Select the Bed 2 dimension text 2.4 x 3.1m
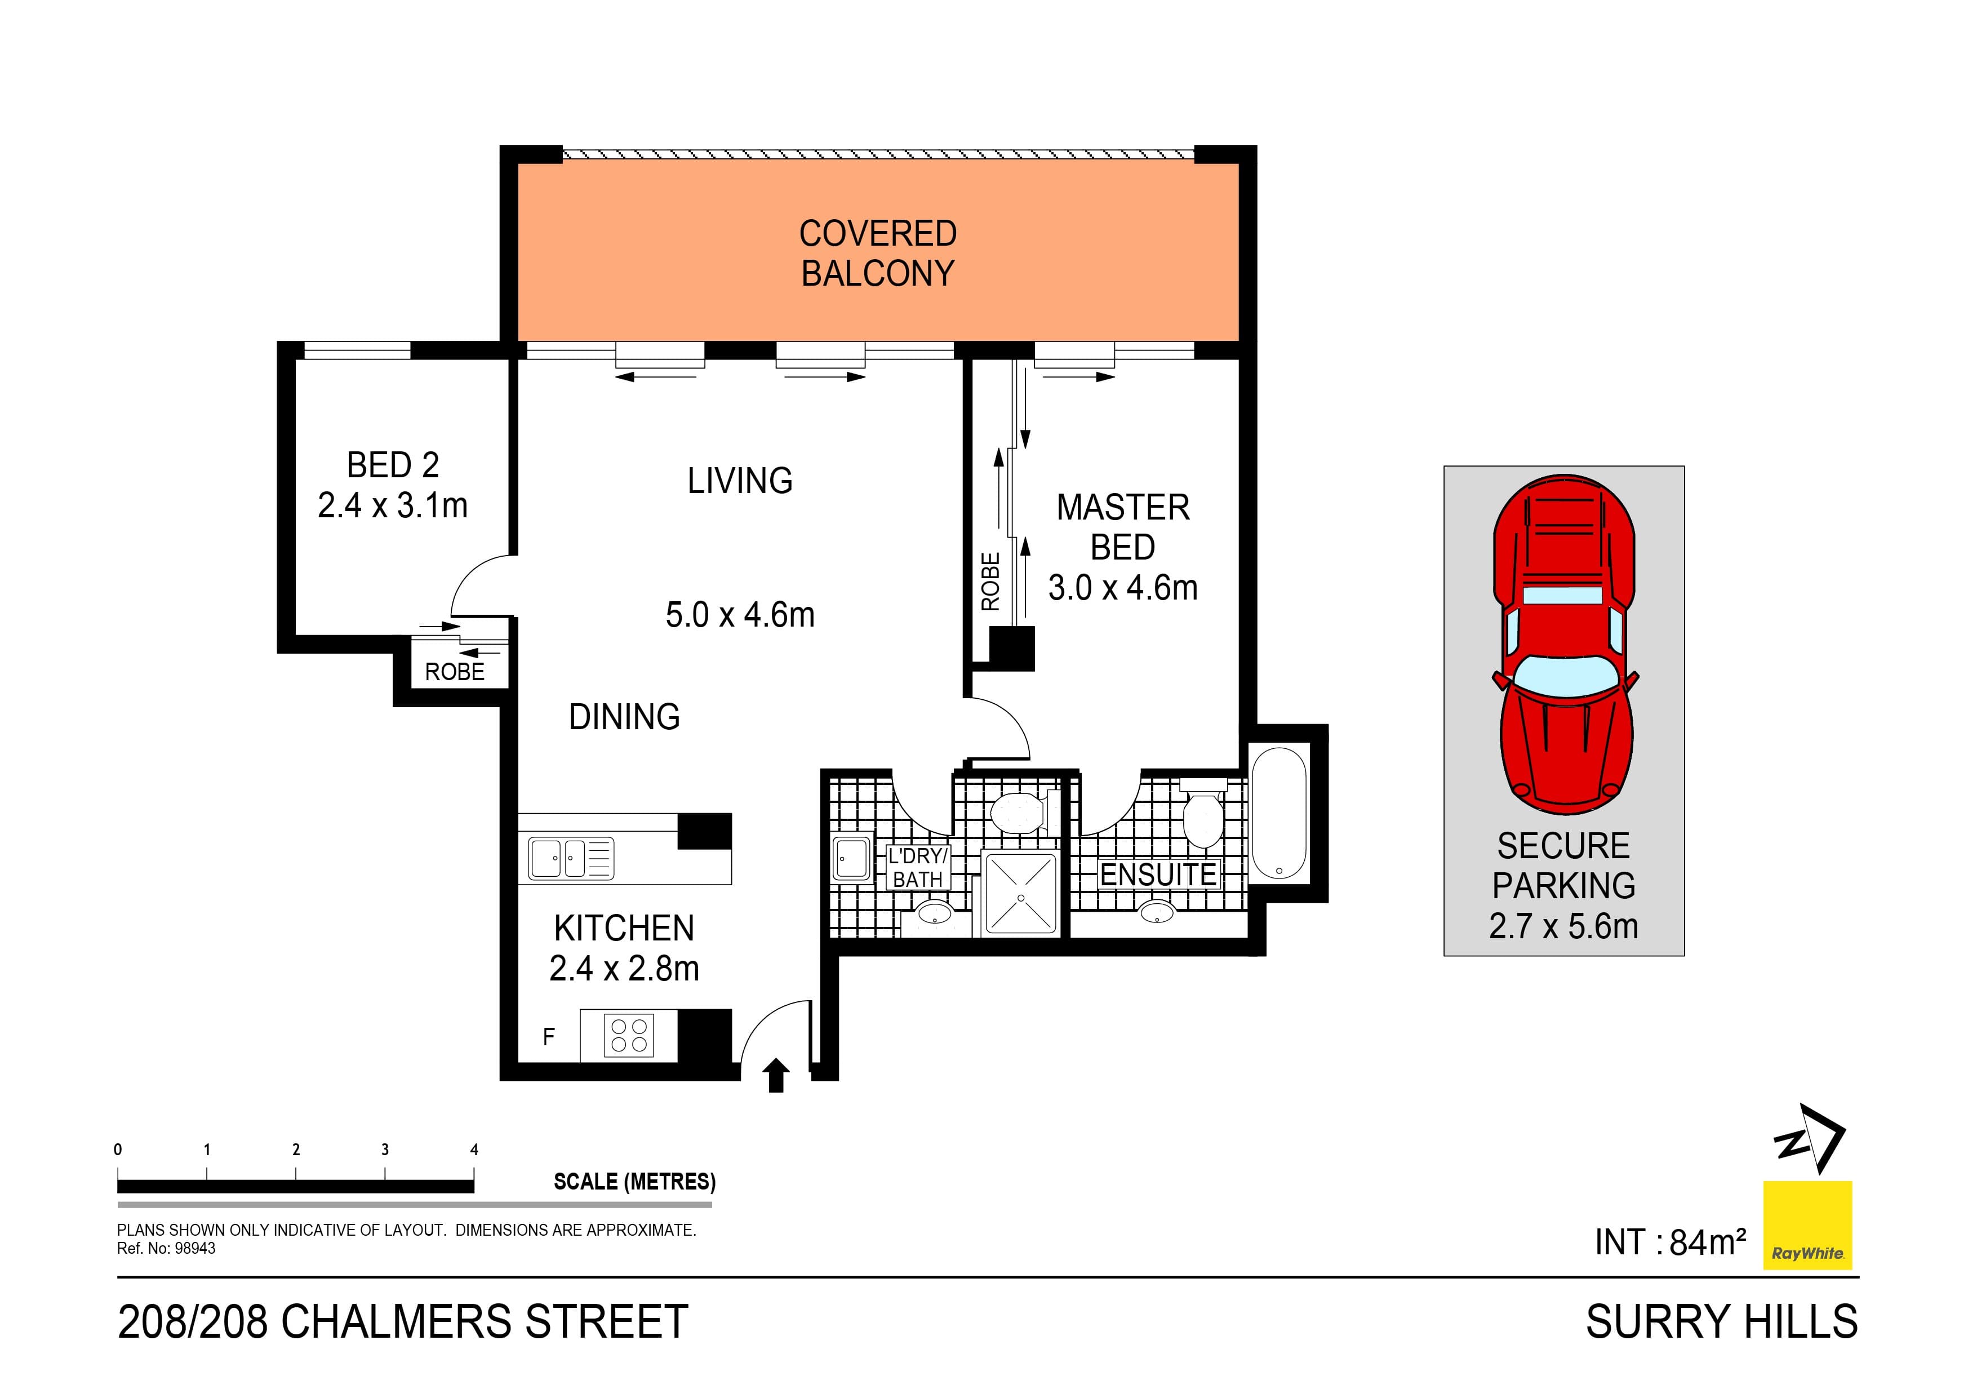[393, 505]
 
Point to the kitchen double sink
[570, 859]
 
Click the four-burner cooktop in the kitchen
[629, 1035]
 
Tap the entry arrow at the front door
[777, 1075]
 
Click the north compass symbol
[1810, 1139]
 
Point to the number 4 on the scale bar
[474, 1150]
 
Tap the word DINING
[624, 717]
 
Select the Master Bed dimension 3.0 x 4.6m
[1123, 588]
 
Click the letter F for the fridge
[549, 1037]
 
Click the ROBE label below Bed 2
[455, 672]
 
